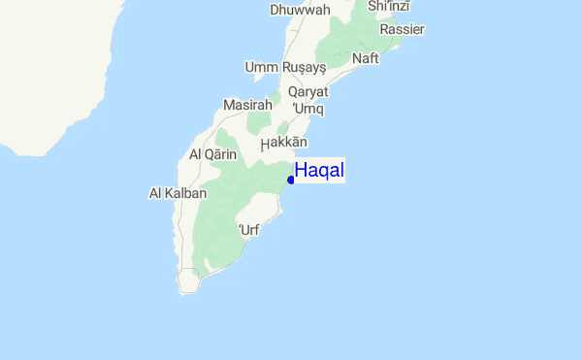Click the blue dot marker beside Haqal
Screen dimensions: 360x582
(x=291, y=180)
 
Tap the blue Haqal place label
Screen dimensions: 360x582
(x=319, y=171)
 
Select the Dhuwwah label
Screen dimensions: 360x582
(x=300, y=10)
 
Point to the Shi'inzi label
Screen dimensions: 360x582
(x=388, y=7)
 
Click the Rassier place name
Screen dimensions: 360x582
(x=402, y=29)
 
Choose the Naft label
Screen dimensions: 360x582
(x=366, y=58)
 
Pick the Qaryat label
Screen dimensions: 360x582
(x=308, y=91)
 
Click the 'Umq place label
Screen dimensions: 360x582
(x=307, y=109)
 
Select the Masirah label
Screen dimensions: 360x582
(x=245, y=105)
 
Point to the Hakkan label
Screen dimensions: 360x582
(x=283, y=144)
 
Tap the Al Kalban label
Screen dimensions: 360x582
(x=178, y=193)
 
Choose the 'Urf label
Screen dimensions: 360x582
(x=249, y=230)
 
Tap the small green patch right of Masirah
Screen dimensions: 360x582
(x=260, y=122)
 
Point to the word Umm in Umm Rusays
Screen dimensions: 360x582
(x=261, y=68)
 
